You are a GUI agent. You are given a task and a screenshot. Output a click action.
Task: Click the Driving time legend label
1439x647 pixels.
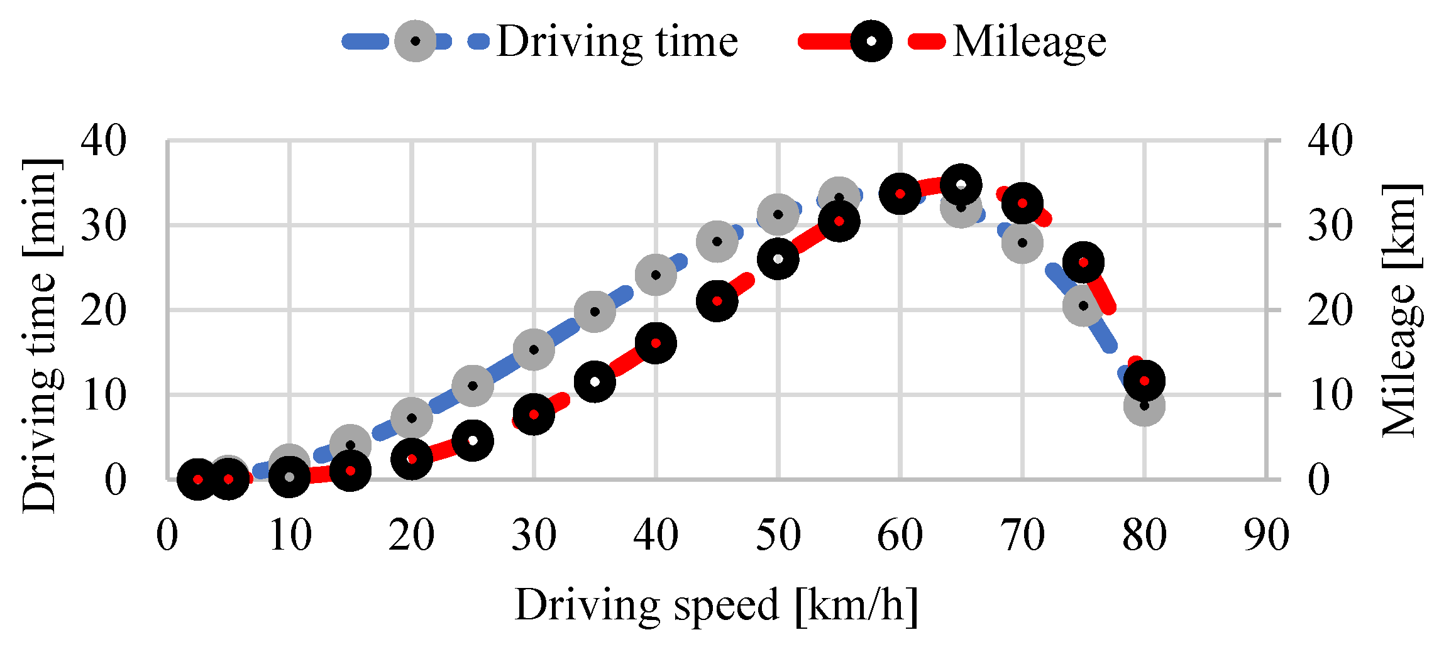point(617,42)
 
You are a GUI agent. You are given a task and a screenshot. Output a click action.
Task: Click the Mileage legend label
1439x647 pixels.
point(1029,42)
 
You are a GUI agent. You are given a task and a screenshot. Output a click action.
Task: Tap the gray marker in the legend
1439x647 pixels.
point(415,41)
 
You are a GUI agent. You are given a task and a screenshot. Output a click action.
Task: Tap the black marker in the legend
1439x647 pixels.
point(871,41)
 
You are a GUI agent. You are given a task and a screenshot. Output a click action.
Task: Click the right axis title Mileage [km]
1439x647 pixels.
point(1401,311)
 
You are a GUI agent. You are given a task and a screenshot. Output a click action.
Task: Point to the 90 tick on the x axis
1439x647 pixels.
point(1266,536)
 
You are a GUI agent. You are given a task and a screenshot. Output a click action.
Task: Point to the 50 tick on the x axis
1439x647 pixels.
point(778,536)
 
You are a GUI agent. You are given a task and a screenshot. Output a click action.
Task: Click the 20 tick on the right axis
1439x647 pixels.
point(1330,310)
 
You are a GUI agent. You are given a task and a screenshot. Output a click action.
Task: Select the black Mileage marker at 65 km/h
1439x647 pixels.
point(961,185)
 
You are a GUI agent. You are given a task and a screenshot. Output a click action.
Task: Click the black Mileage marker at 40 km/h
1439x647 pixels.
point(656,343)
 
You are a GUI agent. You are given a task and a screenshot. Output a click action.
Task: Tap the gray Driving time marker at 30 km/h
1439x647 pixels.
point(534,349)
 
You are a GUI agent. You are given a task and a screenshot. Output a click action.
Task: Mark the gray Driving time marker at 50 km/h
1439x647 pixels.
point(778,214)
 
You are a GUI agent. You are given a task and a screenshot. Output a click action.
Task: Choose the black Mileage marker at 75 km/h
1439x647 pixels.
point(1083,263)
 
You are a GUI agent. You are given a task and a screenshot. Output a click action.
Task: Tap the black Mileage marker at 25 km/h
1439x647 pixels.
point(473,440)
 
